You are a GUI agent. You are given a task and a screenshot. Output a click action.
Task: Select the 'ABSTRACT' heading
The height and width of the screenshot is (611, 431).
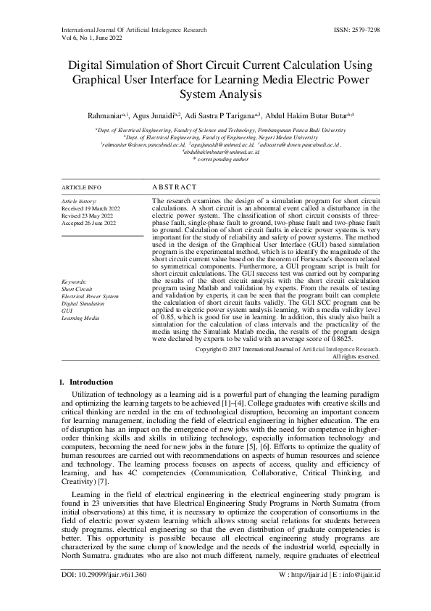tap(174, 187)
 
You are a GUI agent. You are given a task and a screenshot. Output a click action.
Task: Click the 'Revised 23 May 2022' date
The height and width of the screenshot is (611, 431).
tap(88, 216)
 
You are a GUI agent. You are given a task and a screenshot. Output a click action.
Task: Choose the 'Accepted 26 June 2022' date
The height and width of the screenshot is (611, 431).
tap(89, 224)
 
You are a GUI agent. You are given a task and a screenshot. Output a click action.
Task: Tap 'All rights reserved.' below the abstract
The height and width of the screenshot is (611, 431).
tap(356, 356)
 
